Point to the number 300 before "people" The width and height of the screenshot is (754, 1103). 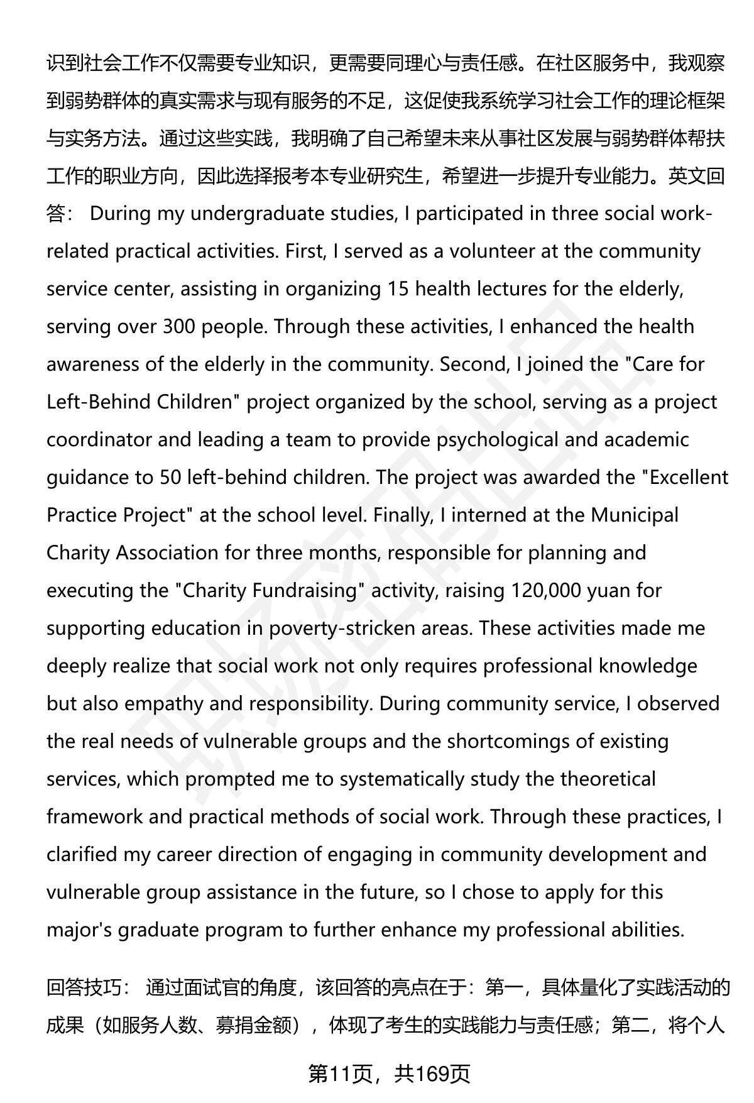pos(180,327)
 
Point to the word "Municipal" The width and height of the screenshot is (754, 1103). pos(635,515)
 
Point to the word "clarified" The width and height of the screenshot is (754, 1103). pos(82,855)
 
